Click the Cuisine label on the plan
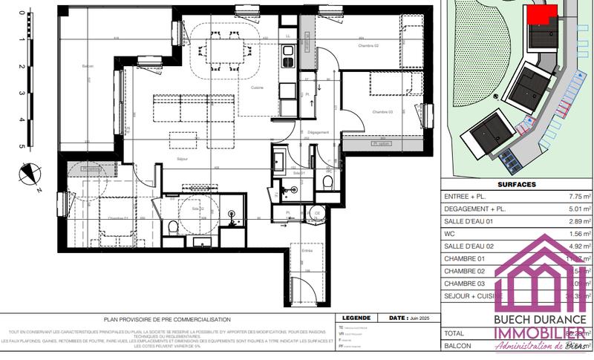tap(258, 88)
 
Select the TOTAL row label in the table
tap(455, 333)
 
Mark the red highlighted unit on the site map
tap(540, 15)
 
